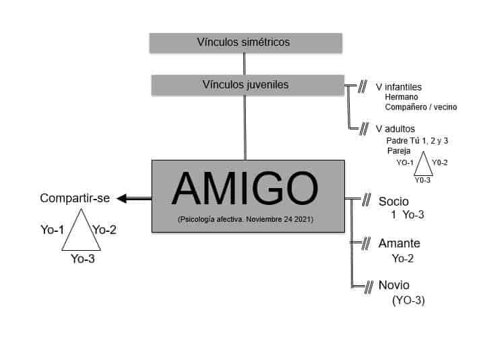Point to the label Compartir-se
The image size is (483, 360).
74,198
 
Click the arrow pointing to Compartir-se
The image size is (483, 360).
134,198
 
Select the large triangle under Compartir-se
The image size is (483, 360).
82,231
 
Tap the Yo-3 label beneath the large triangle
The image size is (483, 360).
82,258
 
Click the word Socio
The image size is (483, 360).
394,202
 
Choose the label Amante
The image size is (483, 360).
398,243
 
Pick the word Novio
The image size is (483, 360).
394,285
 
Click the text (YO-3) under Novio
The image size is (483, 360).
408,301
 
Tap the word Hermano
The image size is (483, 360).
401,97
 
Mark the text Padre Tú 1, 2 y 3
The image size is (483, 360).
418,140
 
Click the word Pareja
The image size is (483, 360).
399,151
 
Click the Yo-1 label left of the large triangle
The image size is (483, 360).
53,230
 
